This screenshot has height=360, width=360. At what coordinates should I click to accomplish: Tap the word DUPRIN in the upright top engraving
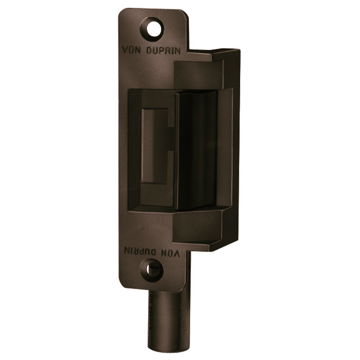[163, 51]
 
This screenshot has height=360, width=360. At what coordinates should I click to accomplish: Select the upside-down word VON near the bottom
[171, 252]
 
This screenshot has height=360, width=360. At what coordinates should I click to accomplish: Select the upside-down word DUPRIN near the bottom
[140, 251]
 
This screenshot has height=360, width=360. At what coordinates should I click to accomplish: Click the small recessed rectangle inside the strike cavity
[154, 146]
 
